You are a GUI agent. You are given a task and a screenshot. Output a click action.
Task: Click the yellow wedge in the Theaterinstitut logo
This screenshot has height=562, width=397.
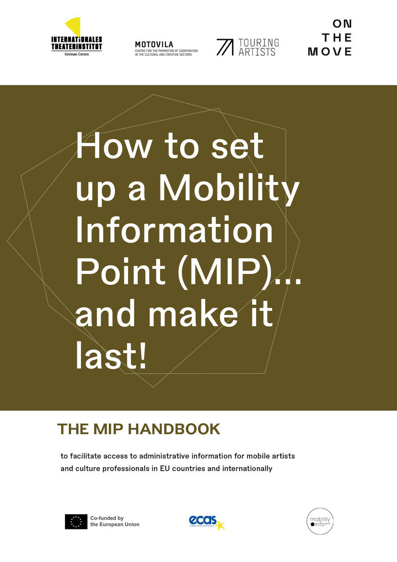coord(74,26)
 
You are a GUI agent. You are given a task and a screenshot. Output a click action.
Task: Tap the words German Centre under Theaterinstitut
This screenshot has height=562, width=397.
coord(76,54)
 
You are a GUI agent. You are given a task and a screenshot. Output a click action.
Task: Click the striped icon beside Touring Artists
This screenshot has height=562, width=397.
coord(225,47)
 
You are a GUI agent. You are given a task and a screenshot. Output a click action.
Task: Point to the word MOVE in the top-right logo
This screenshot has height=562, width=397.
coord(330,52)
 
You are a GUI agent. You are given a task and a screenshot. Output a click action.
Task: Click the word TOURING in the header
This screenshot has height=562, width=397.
coord(259,43)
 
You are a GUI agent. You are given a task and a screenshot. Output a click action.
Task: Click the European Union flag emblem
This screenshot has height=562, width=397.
coord(76,521)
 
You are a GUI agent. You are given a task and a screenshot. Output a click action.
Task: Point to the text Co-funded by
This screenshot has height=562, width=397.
coord(107,518)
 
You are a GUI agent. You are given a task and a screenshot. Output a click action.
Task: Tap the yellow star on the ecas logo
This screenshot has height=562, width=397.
coord(220,525)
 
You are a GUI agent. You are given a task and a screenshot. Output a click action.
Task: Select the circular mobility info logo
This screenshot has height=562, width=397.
coord(320,521)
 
